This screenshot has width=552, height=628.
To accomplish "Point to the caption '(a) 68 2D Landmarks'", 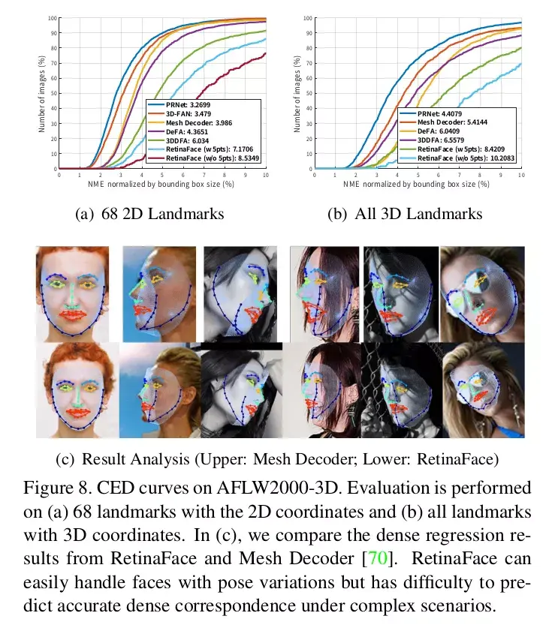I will [150, 214].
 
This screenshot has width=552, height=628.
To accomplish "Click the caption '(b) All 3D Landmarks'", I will [406, 214].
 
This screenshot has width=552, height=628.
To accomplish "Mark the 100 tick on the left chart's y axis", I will [53, 18].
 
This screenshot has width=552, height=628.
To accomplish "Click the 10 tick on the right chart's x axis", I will [521, 174].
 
